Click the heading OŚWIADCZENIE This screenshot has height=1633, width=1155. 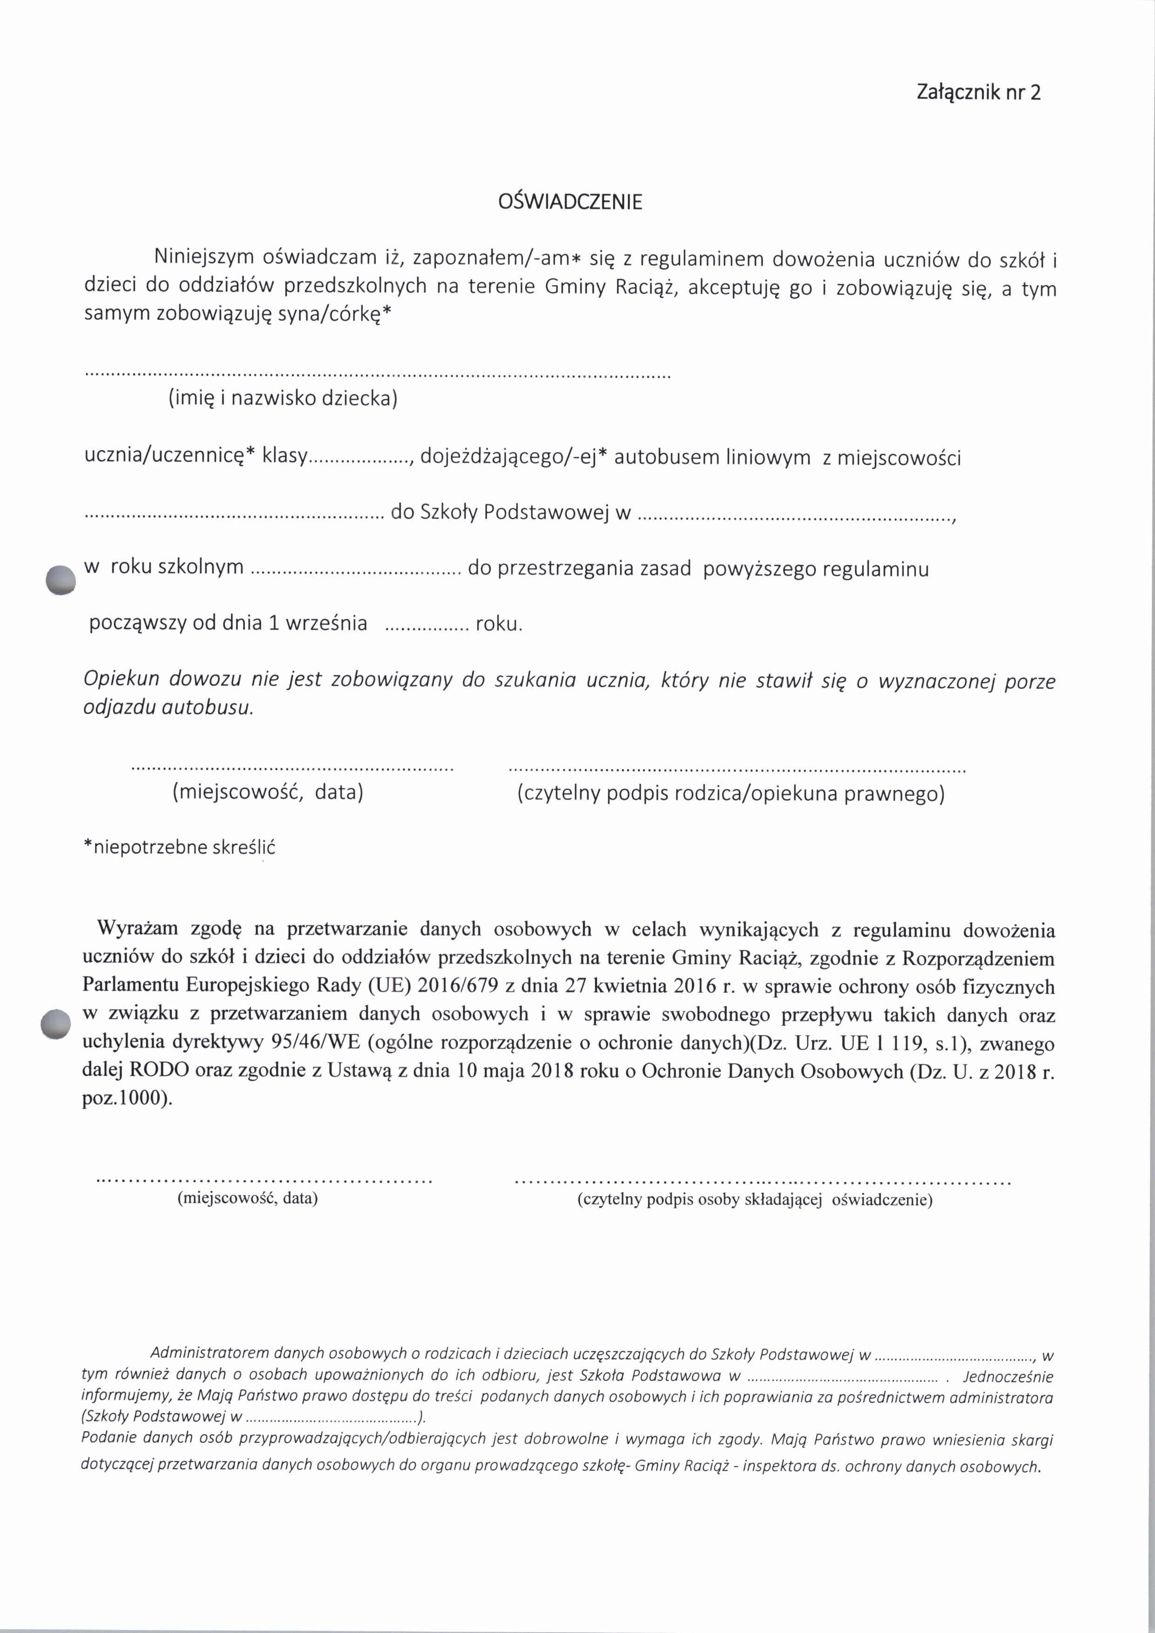(571, 203)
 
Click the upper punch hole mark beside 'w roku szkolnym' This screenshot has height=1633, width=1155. (60, 580)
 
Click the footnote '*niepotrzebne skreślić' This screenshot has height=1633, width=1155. (179, 848)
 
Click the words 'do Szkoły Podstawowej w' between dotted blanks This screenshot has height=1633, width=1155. (510, 514)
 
